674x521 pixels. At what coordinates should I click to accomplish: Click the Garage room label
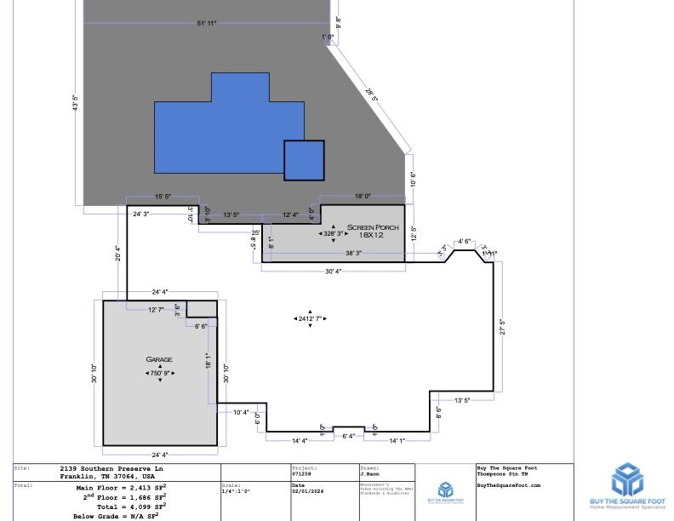tap(159, 360)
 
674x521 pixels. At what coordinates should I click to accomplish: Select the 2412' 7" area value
tap(310, 318)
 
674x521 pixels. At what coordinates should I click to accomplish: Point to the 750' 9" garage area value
tap(160, 373)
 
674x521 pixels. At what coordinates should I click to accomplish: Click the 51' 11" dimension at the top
tap(206, 23)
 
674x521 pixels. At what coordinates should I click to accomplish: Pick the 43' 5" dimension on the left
tap(76, 103)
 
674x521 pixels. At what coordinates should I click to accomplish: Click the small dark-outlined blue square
tap(304, 160)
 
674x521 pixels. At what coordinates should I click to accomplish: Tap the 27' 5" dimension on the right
tap(502, 326)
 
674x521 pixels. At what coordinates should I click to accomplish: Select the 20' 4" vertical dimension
tap(118, 253)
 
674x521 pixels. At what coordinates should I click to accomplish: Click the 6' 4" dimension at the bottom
tap(348, 437)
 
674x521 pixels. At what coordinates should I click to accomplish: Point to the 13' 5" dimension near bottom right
tap(462, 400)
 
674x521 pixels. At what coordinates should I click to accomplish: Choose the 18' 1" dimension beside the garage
tap(207, 360)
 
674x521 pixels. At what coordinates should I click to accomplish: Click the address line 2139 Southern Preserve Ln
tap(111, 468)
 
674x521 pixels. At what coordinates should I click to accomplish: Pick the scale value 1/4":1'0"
tap(235, 491)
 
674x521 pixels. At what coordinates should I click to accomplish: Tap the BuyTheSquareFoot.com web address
tap(508, 485)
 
